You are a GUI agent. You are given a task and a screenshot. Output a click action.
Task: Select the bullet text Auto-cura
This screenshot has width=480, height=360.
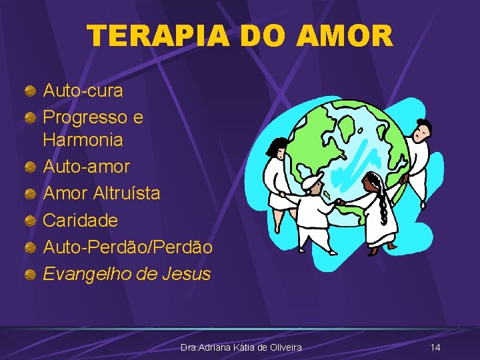point(83,89)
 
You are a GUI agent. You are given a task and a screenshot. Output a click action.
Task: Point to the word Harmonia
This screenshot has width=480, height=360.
point(83,140)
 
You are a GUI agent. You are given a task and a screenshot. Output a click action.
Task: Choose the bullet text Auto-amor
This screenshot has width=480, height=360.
point(86,166)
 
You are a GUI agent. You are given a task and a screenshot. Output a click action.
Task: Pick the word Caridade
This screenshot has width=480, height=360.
point(80,220)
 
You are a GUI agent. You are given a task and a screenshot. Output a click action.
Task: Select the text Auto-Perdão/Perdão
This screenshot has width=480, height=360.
point(127,247)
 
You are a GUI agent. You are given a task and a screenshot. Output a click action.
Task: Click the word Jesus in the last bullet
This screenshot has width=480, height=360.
point(186,273)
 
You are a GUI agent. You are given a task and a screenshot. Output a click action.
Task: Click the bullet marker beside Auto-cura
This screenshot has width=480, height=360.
point(31,89)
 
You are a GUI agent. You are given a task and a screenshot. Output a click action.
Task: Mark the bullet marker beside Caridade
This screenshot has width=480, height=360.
point(31,221)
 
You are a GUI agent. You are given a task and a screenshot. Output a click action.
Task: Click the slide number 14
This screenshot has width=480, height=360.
point(435,347)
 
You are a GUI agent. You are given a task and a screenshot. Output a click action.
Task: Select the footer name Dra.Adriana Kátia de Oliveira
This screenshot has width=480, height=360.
point(241,347)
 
